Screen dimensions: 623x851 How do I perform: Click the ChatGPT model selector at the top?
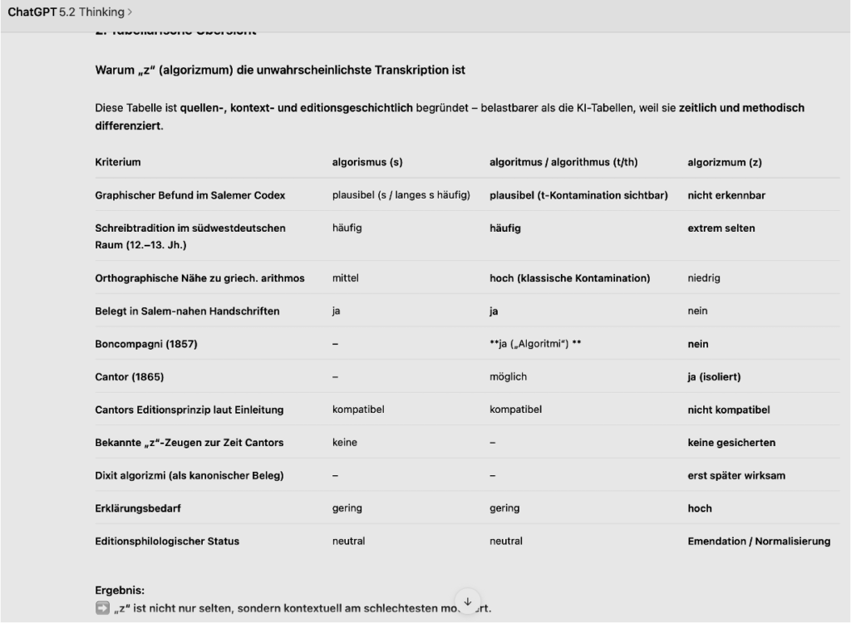(x=70, y=12)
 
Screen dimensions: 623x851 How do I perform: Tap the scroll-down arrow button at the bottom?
(x=467, y=601)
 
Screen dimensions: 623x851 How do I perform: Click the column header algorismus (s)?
(x=366, y=163)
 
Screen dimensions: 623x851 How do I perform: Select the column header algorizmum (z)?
(x=724, y=163)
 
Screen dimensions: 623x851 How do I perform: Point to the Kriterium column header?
(x=118, y=163)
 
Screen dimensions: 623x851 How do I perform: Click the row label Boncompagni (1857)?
(x=145, y=344)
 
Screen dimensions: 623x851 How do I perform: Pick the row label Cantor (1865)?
(x=130, y=377)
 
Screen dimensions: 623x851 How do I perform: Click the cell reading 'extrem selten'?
(x=721, y=228)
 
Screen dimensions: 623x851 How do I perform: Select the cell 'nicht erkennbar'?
(x=726, y=195)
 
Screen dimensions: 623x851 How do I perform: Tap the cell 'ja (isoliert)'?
(x=714, y=377)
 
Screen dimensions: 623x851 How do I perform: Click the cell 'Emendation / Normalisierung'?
(x=759, y=542)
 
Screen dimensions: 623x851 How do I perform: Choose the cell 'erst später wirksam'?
(x=736, y=476)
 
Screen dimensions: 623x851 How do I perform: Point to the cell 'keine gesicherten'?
(x=731, y=443)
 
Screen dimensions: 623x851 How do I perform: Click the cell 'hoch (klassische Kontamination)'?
(x=569, y=278)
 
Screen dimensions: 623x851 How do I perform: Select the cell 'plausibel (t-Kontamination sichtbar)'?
(x=578, y=195)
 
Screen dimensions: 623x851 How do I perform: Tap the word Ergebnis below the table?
(x=120, y=591)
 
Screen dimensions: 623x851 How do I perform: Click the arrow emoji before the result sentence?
(x=102, y=608)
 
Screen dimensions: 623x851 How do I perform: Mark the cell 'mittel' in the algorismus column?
(x=345, y=278)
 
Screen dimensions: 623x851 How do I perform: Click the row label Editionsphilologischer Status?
(x=167, y=542)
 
